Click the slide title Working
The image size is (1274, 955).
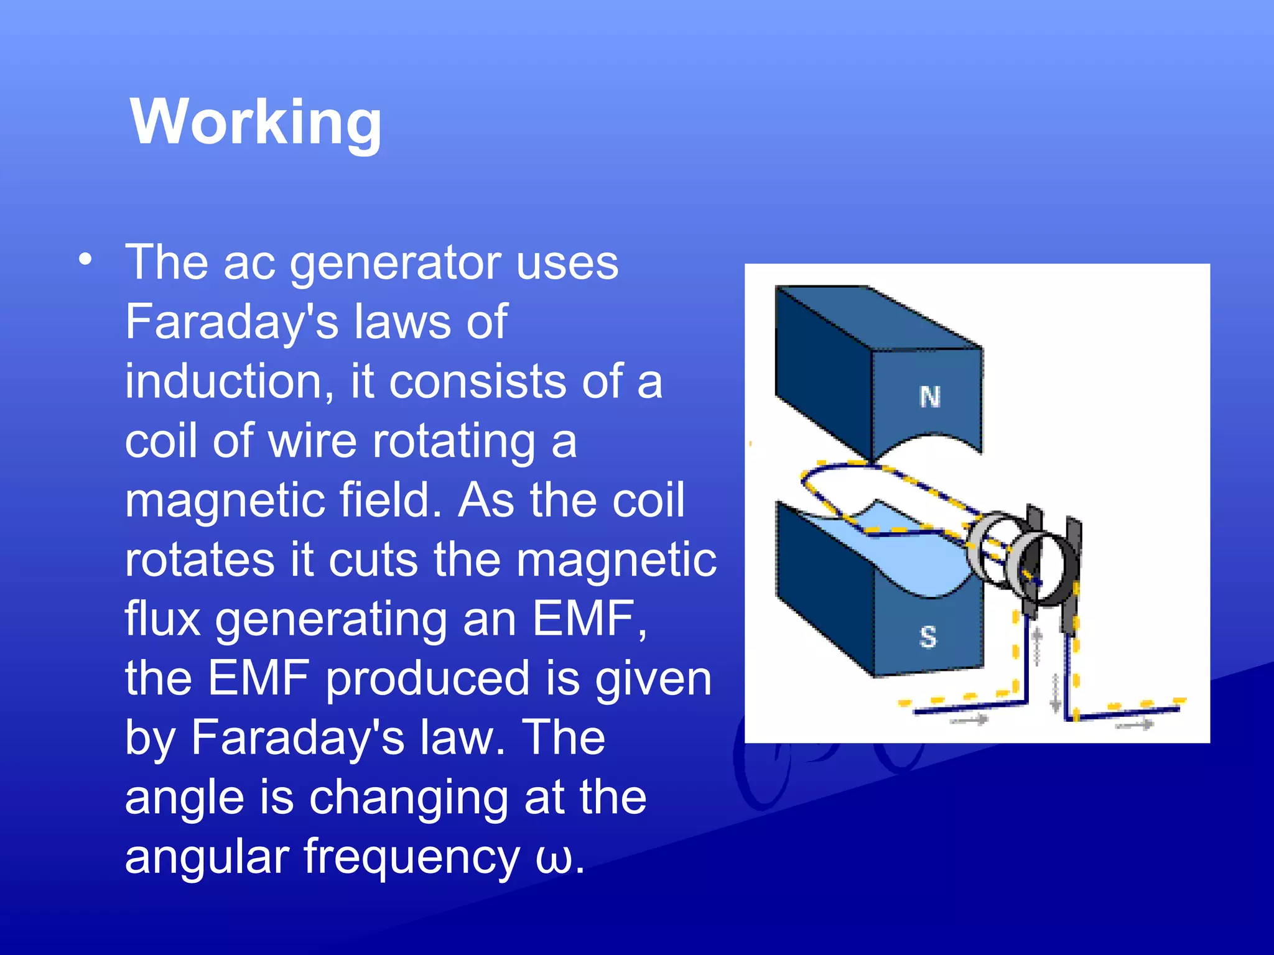click(256, 123)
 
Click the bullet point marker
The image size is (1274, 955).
click(86, 259)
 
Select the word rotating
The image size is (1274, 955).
click(453, 442)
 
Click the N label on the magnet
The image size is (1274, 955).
click(930, 397)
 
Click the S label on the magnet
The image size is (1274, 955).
click(928, 637)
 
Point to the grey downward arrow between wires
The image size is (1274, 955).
click(1055, 692)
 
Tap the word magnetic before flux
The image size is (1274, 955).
click(616, 560)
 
